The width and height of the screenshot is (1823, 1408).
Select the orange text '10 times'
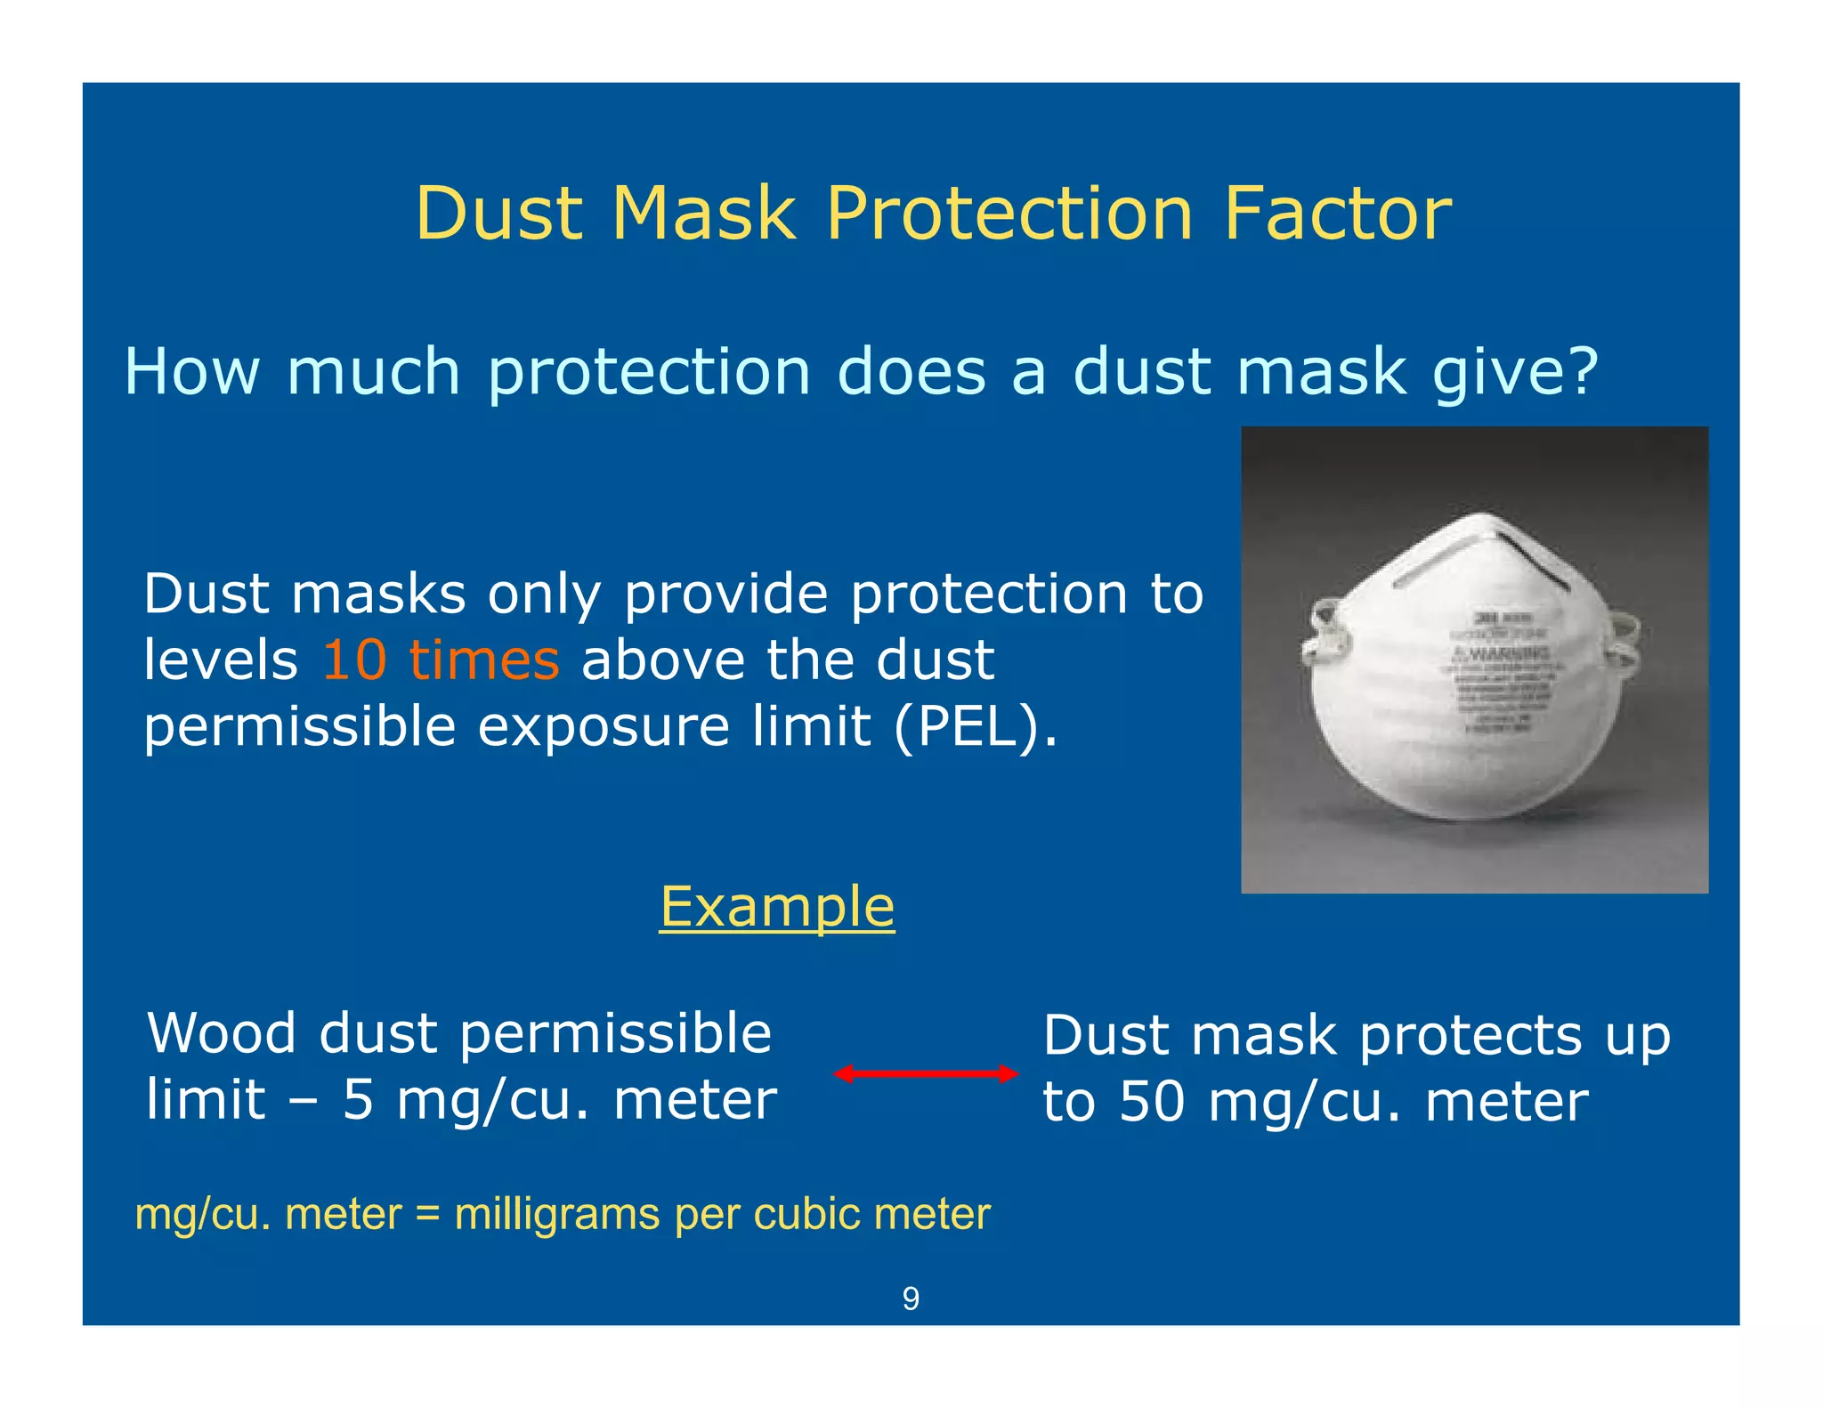[x=441, y=660]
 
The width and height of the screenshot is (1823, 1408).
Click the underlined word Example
[x=777, y=907]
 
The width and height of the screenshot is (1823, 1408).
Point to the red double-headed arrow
[x=926, y=1073]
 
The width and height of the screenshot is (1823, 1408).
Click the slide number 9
[x=911, y=1299]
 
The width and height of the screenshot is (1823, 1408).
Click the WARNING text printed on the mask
[x=1503, y=654]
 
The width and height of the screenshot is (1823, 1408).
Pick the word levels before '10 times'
[x=221, y=660]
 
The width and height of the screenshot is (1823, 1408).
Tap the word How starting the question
[x=191, y=371]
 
